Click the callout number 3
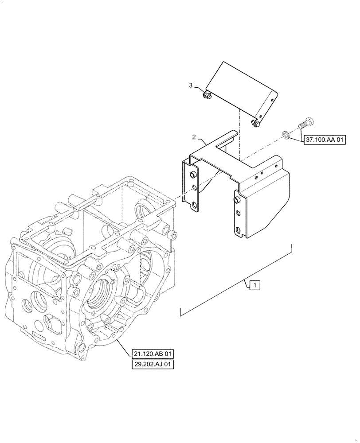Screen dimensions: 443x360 pos(191,85)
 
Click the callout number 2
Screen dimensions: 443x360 pos(194,138)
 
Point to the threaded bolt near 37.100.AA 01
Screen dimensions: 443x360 pos(305,122)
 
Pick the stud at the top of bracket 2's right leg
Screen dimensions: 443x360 pos(236,201)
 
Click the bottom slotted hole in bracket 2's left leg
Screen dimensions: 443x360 pos(194,206)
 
